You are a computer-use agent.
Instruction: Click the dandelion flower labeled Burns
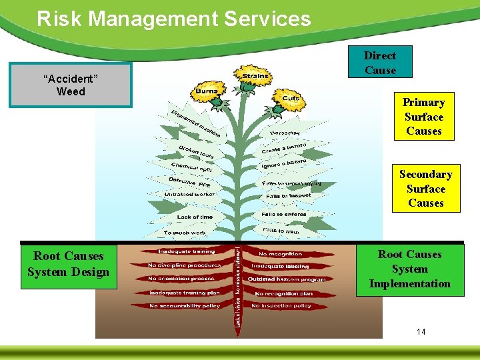pyautogui.click(x=206, y=92)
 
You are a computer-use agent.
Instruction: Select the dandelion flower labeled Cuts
pyautogui.click(x=291, y=99)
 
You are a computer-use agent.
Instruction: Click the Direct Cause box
pyautogui.click(x=380, y=63)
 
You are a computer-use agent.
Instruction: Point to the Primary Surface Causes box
pyautogui.click(x=423, y=117)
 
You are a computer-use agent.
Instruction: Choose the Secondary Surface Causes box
pyautogui.click(x=425, y=189)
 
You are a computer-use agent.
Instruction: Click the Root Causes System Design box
pyautogui.click(x=68, y=264)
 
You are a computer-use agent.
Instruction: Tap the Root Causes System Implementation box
pyautogui.click(x=409, y=269)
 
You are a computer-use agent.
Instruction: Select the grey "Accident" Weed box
pyautogui.click(x=71, y=85)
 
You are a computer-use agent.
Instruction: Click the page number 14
pyautogui.click(x=420, y=332)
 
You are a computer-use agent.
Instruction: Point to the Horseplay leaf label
pyautogui.click(x=284, y=133)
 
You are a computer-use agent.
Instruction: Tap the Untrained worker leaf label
pyautogui.click(x=189, y=195)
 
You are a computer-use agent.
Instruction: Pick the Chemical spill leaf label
pyautogui.click(x=191, y=169)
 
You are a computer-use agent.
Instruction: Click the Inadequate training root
pyautogui.click(x=186, y=252)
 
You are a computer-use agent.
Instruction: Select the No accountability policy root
pyautogui.click(x=185, y=306)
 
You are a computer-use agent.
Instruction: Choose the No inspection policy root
pyautogui.click(x=281, y=306)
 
